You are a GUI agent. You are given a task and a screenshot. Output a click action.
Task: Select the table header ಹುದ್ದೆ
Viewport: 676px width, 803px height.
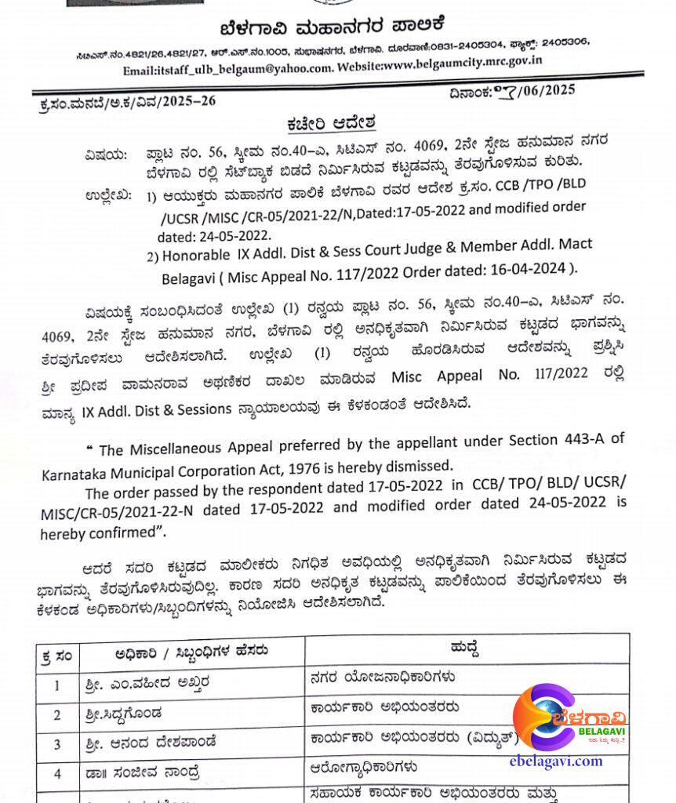point(465,649)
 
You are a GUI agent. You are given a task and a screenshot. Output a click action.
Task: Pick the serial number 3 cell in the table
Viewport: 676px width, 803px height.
point(56,743)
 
